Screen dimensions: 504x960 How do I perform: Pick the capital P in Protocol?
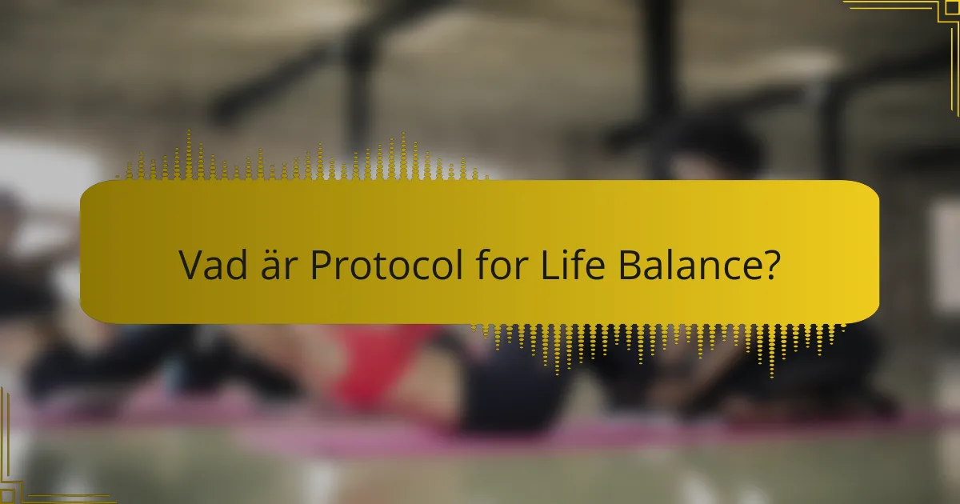[321, 266]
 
